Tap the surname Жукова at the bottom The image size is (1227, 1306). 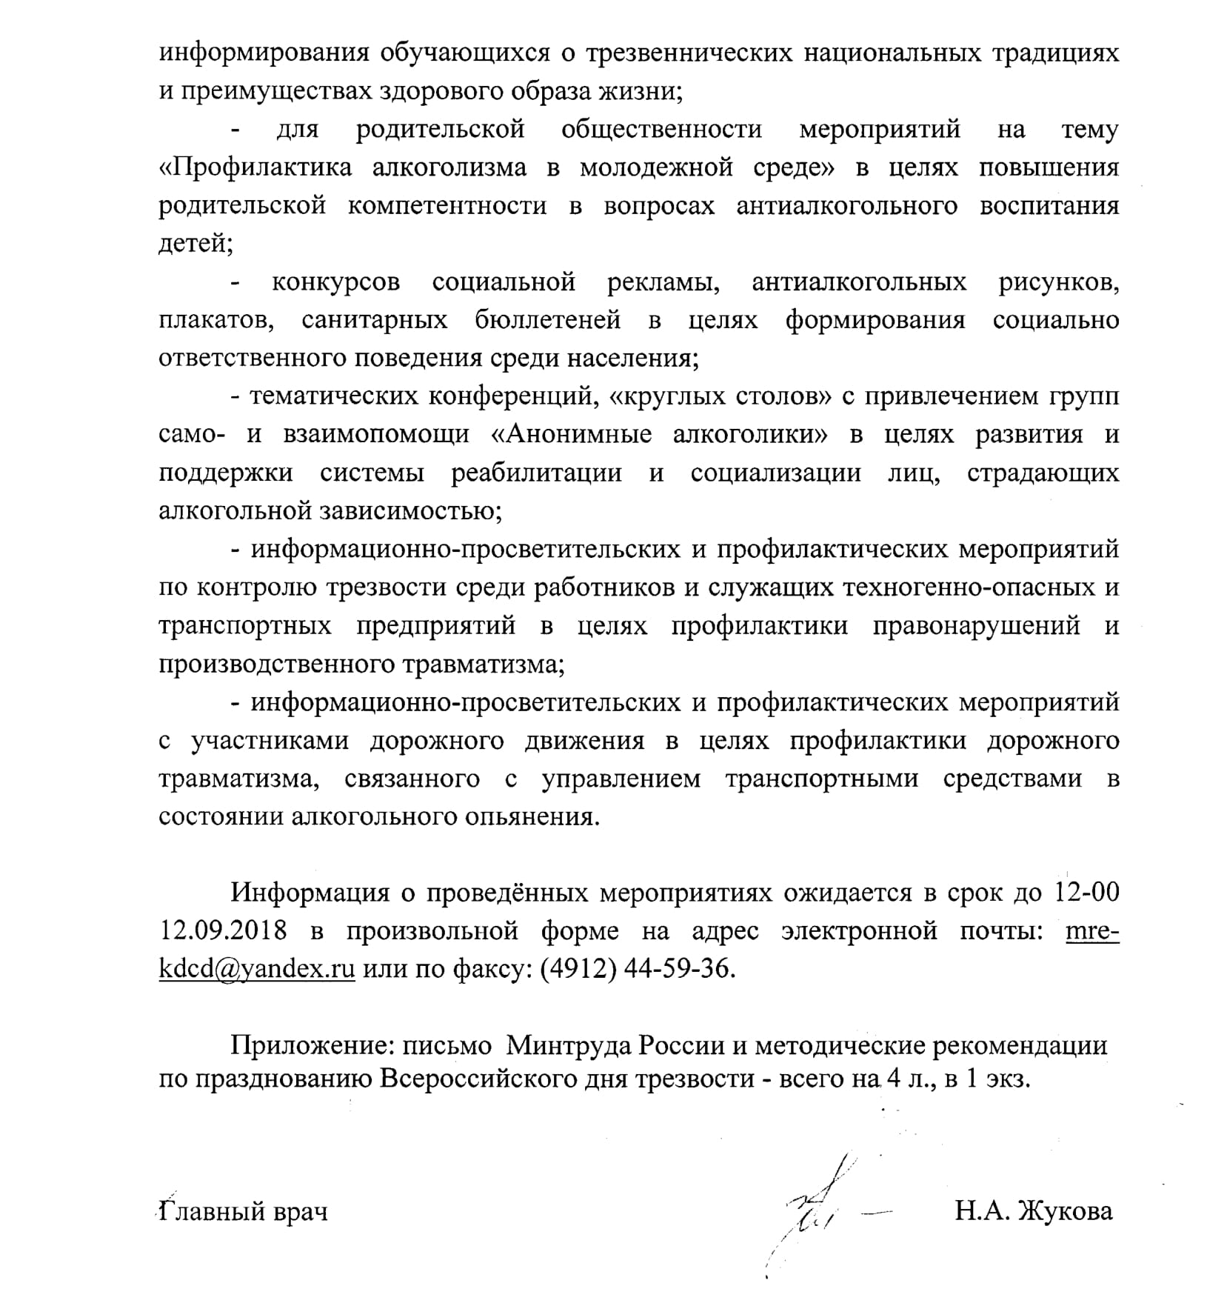(x=1066, y=1211)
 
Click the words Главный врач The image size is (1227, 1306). (x=244, y=1212)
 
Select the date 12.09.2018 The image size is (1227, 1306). (x=223, y=930)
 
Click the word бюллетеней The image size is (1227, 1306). (x=548, y=320)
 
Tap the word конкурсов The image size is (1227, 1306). (x=336, y=282)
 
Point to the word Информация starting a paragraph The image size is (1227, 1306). (x=311, y=892)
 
